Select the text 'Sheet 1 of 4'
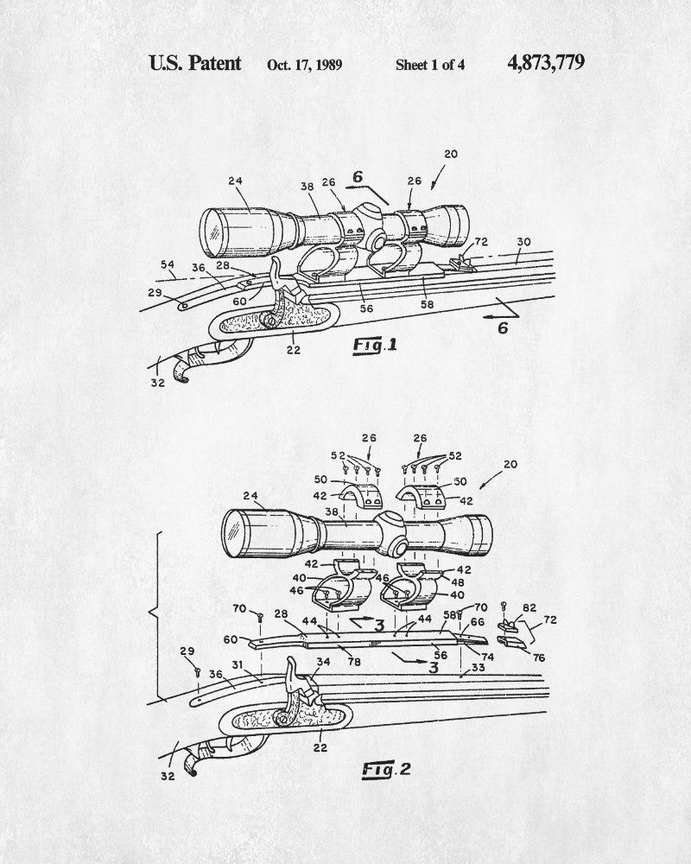pos(430,65)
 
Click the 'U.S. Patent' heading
pos(195,63)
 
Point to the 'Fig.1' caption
pos(376,346)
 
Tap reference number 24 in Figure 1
pos(235,182)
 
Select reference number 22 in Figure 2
pos(321,748)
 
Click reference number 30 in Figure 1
pos(523,243)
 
